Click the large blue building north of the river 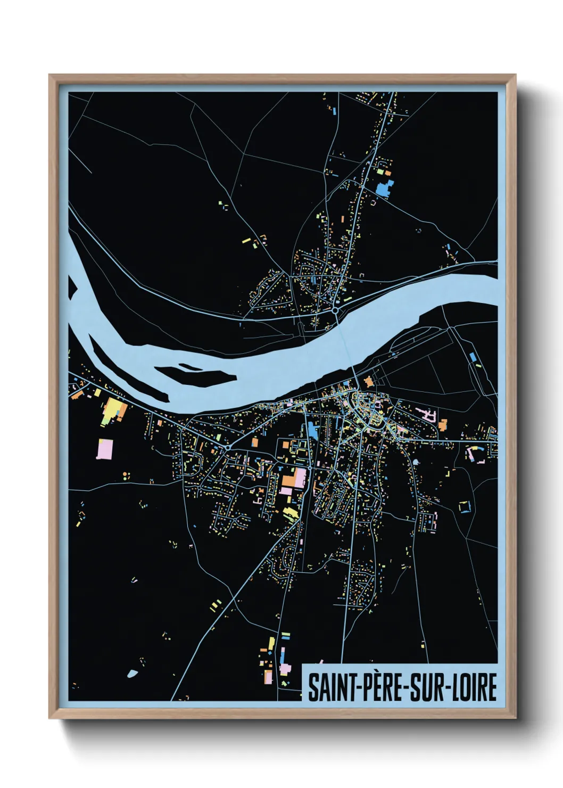(384, 187)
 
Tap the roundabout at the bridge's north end (335, 309)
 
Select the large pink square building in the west (105, 448)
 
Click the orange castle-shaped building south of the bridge (368, 381)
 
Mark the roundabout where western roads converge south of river (228, 448)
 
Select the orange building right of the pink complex (443, 424)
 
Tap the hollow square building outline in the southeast (465, 506)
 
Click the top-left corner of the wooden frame (51, 76)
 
